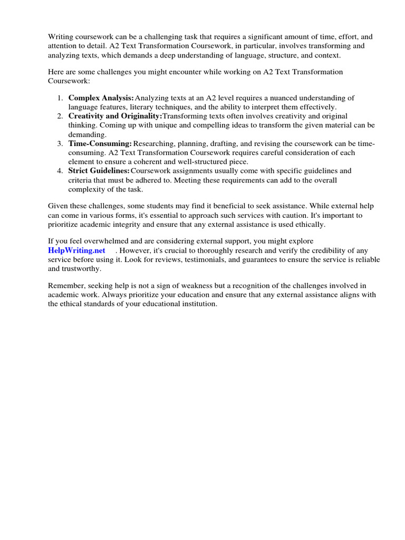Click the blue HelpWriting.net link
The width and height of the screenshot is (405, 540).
click(x=76, y=250)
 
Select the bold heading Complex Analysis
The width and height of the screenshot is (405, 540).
click(x=101, y=98)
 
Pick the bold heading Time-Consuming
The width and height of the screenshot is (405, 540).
click(x=100, y=143)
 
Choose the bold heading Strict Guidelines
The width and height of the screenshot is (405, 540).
click(x=99, y=171)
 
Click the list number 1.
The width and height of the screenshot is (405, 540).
click(x=60, y=98)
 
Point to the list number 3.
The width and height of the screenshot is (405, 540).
click(x=60, y=143)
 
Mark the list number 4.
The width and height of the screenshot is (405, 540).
click(x=60, y=171)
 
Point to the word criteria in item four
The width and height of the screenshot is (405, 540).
click(x=81, y=180)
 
